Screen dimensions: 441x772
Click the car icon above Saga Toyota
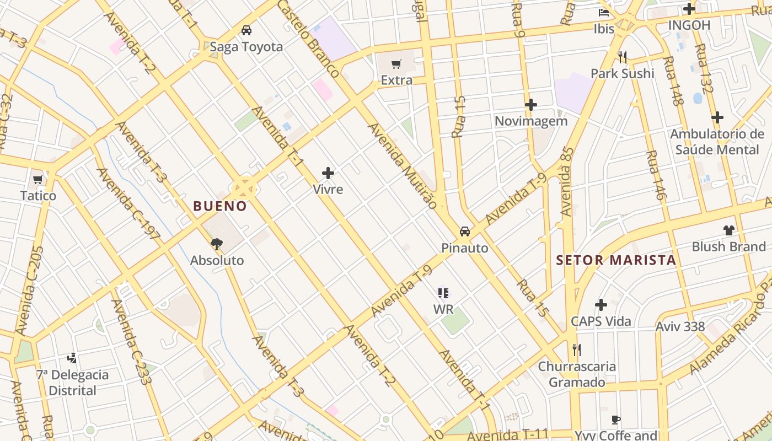coord(246,30)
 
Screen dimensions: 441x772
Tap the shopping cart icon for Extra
coord(396,64)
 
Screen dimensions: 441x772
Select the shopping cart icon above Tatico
coord(38,179)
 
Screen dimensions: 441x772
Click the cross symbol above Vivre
coord(328,173)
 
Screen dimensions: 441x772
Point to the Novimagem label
coord(530,121)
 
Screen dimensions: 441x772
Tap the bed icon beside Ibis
coord(604,13)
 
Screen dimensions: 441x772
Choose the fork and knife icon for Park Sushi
coord(623,57)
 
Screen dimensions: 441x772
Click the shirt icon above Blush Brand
coord(728,230)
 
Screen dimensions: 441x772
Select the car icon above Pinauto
coord(465,232)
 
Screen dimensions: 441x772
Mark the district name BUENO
coord(220,206)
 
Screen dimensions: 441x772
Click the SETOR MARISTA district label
coord(615,260)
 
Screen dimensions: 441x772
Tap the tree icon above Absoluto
coord(217,244)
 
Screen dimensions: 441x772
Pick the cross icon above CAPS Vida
coord(601,305)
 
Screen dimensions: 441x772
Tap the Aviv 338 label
coord(680,326)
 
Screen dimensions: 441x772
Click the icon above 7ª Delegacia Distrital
coord(72,358)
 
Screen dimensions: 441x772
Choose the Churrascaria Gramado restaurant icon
coord(576,349)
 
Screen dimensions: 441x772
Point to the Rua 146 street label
coord(656,175)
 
